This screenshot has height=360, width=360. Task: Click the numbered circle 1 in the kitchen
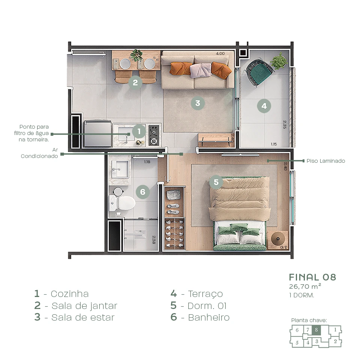(139, 132)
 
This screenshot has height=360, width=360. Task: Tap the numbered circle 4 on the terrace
(264, 106)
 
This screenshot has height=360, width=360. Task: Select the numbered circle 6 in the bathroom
(142, 192)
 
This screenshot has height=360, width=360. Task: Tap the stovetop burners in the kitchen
(154, 135)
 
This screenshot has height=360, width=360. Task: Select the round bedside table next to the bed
(278, 238)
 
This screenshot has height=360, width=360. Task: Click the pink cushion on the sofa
(201, 70)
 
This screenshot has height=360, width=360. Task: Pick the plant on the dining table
(136, 55)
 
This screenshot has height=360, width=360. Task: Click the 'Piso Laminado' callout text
(325, 161)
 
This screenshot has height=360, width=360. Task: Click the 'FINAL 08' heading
(312, 277)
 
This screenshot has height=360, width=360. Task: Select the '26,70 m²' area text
(304, 286)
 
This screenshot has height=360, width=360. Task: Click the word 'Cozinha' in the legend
(69, 294)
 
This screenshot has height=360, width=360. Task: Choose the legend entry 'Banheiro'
(208, 318)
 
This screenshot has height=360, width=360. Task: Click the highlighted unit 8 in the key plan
(316, 330)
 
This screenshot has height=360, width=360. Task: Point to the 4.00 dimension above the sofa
(220, 54)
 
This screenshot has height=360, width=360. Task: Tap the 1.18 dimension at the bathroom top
(147, 162)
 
